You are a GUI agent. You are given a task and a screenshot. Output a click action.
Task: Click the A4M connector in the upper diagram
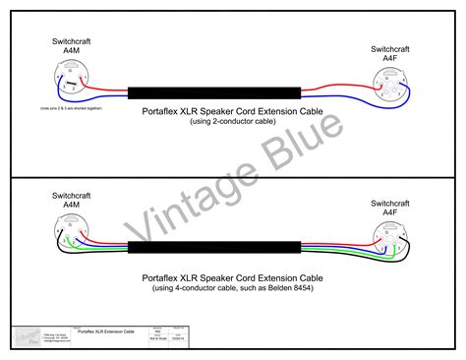click(66, 76)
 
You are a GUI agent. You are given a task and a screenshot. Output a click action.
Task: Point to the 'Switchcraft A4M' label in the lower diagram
click(66, 201)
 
